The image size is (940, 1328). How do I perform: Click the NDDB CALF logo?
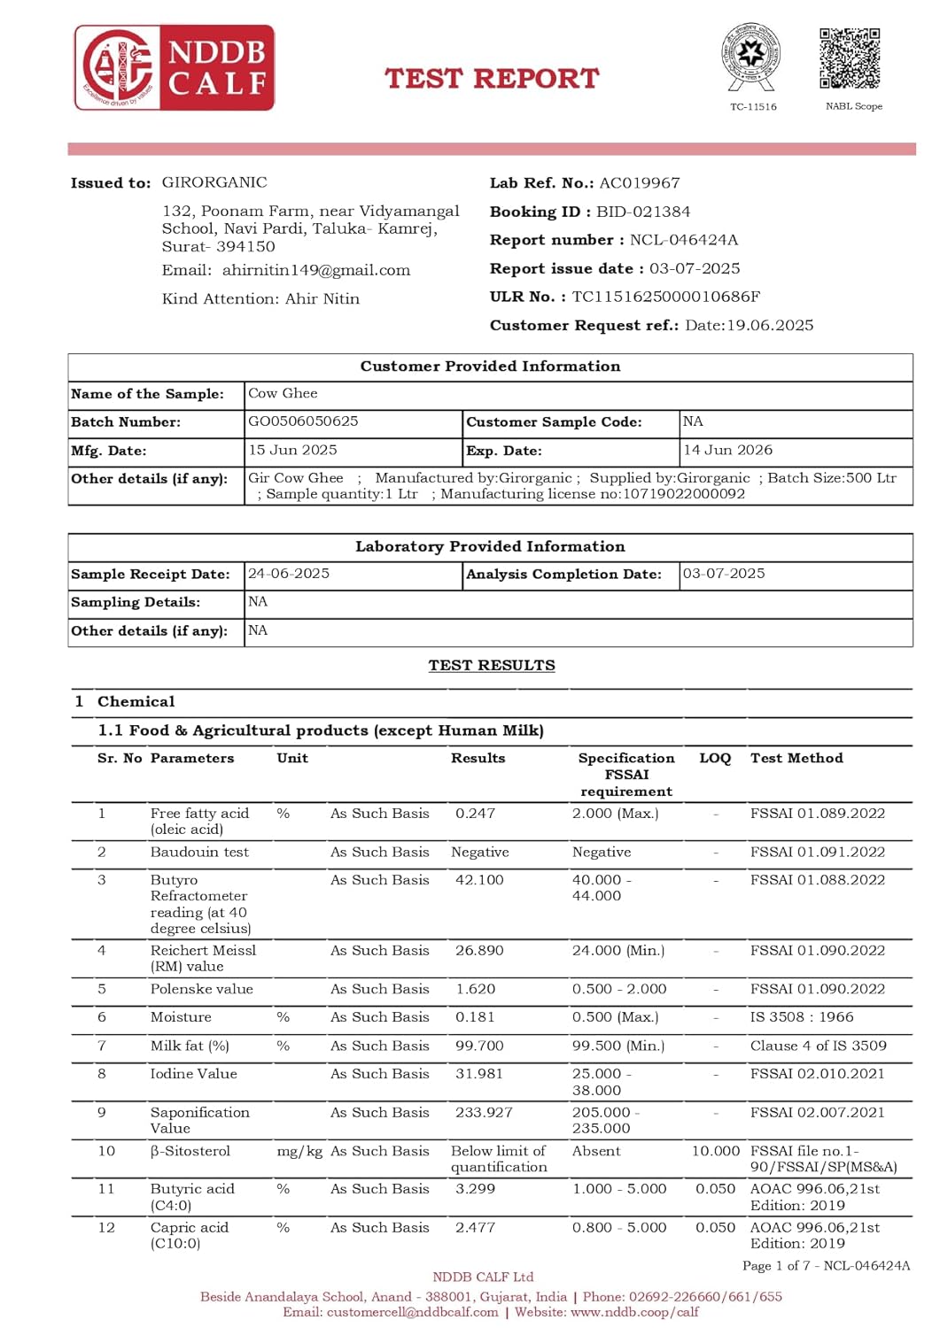pyautogui.click(x=174, y=68)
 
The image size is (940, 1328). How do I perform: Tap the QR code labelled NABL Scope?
pyautogui.click(x=850, y=58)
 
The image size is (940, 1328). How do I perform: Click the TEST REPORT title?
pyautogui.click(x=492, y=79)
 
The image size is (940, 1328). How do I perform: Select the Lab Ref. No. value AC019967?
pyautogui.click(x=640, y=183)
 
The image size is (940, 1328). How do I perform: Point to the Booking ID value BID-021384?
pyautogui.click(x=643, y=212)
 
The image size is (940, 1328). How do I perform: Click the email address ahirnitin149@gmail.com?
pyautogui.click(x=316, y=270)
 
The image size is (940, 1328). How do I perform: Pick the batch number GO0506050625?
pyautogui.click(x=303, y=421)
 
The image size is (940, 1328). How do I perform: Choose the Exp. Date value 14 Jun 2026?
pyautogui.click(x=727, y=450)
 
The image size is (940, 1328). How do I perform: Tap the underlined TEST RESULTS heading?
pyautogui.click(x=492, y=666)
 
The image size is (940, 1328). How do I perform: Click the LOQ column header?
pyautogui.click(x=715, y=758)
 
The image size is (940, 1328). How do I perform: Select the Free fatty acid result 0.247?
pyautogui.click(x=475, y=813)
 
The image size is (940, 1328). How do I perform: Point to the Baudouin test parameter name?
pyautogui.click(x=199, y=852)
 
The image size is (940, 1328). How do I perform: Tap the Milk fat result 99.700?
pyautogui.click(x=479, y=1046)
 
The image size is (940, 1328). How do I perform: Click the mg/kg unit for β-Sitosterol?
pyautogui.click(x=299, y=1151)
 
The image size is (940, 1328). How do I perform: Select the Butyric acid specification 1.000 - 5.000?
pyautogui.click(x=619, y=1189)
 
